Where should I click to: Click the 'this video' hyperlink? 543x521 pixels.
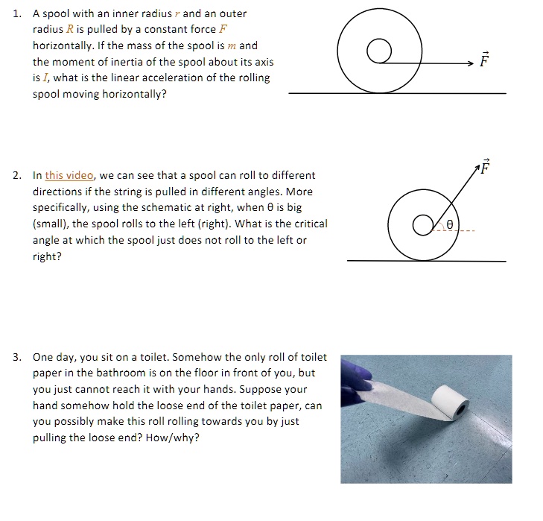(69, 176)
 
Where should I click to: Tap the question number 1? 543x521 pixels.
(18, 14)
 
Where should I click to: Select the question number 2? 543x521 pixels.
(17, 176)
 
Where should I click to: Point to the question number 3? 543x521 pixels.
(17, 358)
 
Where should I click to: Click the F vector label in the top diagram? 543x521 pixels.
(485, 60)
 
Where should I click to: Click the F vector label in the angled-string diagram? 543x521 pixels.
(486, 166)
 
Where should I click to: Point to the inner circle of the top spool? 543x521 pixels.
(379, 51)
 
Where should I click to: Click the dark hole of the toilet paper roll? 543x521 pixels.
(463, 410)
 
